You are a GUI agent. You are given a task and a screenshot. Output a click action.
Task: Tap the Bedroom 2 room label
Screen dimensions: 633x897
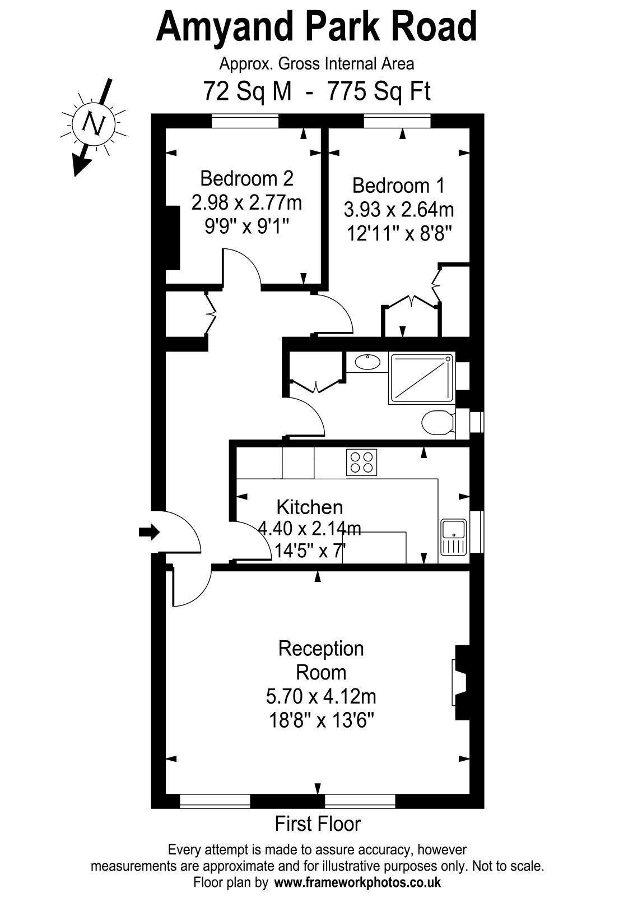246,179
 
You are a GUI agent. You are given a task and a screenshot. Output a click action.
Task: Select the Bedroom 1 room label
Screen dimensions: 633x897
398,186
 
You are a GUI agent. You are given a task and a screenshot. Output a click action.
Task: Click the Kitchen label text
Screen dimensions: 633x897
310,507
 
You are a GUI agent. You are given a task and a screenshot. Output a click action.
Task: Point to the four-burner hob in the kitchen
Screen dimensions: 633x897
361,463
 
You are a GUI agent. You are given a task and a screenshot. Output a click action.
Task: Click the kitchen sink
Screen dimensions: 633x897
453,537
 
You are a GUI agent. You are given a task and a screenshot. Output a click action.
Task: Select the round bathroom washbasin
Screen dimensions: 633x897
367,362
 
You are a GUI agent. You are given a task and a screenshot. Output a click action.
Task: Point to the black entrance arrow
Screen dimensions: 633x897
149,532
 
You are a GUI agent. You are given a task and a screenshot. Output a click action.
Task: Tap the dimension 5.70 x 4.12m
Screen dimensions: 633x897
321,697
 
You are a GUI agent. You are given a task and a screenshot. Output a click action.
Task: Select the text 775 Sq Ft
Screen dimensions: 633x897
379,91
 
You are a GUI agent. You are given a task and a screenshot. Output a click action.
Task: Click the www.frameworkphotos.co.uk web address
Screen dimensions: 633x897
357,882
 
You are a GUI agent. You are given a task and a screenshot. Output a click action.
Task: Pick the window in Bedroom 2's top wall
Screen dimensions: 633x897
245,121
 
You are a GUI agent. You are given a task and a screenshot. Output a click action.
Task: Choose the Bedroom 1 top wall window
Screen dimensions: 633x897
397,121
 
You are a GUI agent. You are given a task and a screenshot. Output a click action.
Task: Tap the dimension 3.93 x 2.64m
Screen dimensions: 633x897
398,210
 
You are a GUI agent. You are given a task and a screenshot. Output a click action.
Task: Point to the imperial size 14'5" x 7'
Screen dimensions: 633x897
310,551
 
